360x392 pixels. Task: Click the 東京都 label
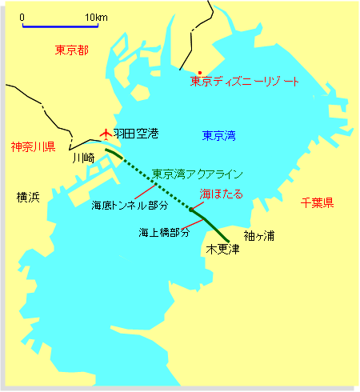tap(71, 50)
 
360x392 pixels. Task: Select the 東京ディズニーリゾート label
tap(245, 82)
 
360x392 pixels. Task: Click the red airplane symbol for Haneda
tap(104, 135)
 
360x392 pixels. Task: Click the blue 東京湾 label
tap(218, 135)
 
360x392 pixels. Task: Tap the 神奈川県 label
tap(32, 147)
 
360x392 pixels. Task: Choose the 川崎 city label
tap(83, 158)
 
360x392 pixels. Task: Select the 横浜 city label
tap(28, 197)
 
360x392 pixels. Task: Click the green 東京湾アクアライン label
tap(198, 173)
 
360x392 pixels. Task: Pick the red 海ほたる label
tap(221, 194)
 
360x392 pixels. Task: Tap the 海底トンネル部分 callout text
tap(129, 206)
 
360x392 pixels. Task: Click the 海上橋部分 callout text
tap(164, 232)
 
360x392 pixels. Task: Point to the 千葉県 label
tap(318, 203)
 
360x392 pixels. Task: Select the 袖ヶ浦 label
tap(259, 235)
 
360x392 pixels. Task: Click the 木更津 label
tap(223, 250)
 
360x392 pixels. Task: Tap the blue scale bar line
tap(60, 26)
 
